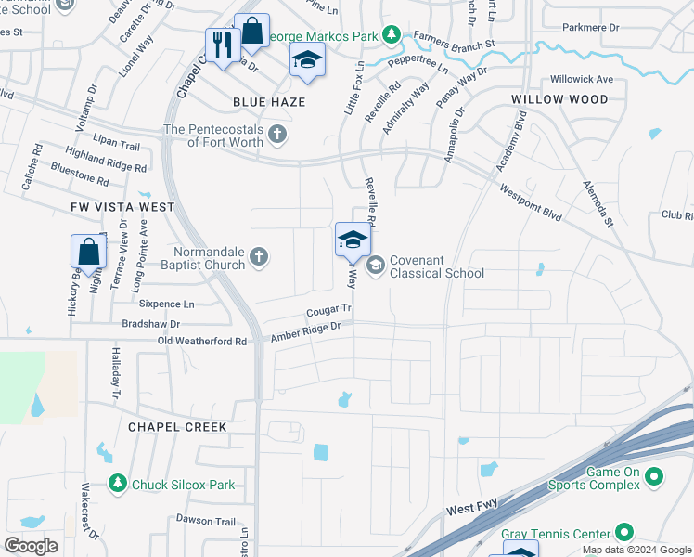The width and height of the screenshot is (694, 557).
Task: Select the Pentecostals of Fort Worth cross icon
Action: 276,136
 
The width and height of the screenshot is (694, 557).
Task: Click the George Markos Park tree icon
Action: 392,34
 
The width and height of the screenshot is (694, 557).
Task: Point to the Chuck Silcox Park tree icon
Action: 117,484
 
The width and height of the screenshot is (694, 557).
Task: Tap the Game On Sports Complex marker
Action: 654,477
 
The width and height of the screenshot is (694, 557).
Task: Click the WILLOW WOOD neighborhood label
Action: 559,99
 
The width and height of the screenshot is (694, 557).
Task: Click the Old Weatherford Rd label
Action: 202,342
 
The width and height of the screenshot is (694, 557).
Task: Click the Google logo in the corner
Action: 32,545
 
